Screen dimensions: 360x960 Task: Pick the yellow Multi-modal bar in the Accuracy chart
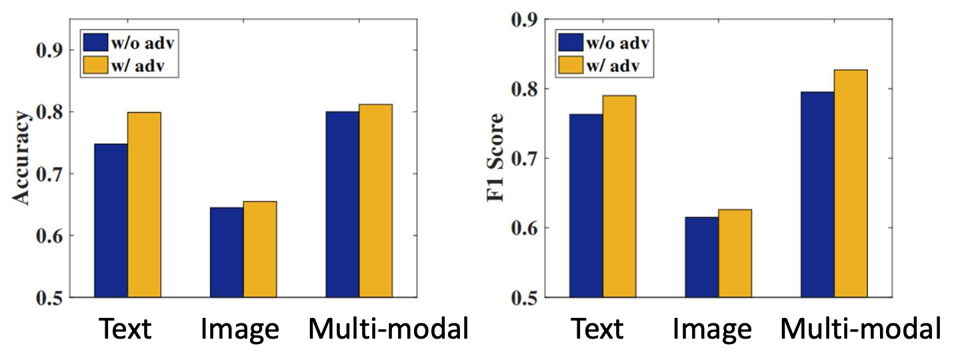(x=375, y=201)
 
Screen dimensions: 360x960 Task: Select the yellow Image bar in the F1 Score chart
(x=735, y=253)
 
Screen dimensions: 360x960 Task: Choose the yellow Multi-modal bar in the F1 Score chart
(x=851, y=183)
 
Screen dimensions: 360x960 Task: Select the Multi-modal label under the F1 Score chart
(x=861, y=330)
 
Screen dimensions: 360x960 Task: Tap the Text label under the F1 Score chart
(x=597, y=330)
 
